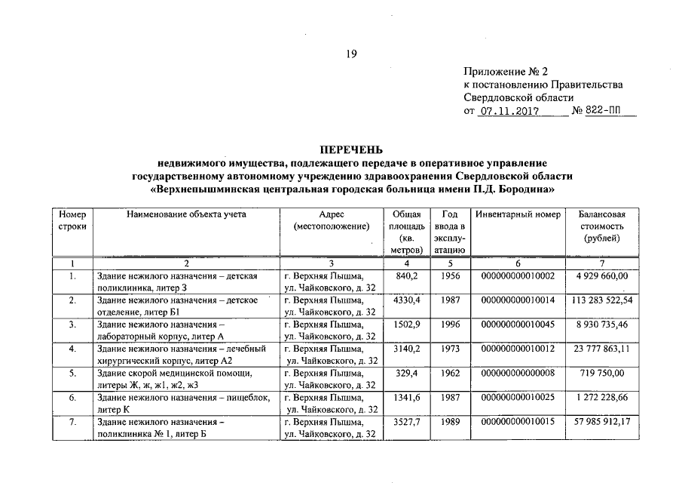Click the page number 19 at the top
coord(351,54)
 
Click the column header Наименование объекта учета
coord(186,214)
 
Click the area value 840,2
coord(405,276)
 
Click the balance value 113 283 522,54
coord(601,300)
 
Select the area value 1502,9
coord(405,325)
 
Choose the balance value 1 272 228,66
coord(601,397)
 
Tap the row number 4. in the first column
coord(72,349)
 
